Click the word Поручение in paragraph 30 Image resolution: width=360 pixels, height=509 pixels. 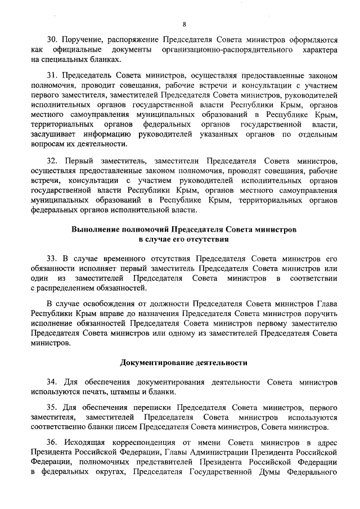coord(80,40)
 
